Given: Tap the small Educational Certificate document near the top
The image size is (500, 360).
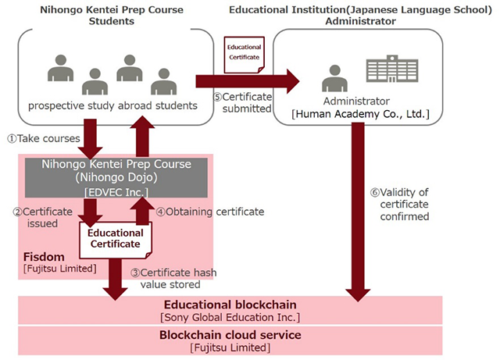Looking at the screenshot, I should (x=245, y=54).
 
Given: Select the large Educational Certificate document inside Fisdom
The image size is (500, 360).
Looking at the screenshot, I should (x=115, y=238).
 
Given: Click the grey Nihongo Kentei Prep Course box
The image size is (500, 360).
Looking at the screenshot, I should (x=115, y=177).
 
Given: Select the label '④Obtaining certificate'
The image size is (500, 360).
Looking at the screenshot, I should (x=209, y=211).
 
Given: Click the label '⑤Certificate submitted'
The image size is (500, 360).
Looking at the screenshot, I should (x=242, y=102).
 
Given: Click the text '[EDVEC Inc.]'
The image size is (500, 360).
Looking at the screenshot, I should (x=115, y=191).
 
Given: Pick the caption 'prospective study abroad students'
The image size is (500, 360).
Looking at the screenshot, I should (x=112, y=105).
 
